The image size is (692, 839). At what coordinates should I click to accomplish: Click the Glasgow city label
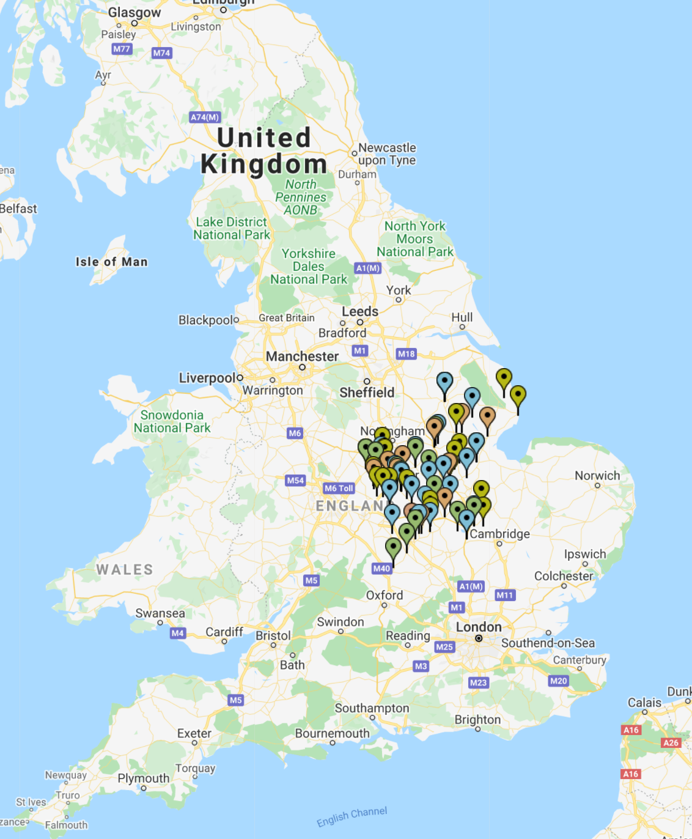[x=134, y=12]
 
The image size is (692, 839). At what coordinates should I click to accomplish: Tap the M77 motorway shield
[x=122, y=49]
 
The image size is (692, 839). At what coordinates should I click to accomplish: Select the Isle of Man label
[x=111, y=262]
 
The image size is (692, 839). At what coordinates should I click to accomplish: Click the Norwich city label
[x=597, y=476]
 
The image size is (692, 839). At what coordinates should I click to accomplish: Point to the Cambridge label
[x=499, y=534]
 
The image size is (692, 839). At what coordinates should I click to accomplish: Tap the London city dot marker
[x=479, y=638]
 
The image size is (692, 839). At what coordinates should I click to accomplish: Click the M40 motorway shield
[x=381, y=568]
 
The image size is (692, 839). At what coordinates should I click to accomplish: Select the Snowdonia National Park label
[x=172, y=421]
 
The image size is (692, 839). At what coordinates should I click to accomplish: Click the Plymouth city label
[x=143, y=778]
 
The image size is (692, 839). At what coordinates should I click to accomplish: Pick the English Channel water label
[x=352, y=816]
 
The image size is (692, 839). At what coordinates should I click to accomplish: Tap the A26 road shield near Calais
[x=671, y=742]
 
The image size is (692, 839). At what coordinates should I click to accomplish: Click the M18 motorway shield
[x=406, y=353]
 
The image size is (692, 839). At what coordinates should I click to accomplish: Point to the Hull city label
[x=462, y=317]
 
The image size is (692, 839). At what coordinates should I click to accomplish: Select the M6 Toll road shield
[x=339, y=488]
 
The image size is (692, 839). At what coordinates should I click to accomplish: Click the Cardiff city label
[x=224, y=632]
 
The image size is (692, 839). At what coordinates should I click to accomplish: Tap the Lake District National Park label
[x=231, y=228]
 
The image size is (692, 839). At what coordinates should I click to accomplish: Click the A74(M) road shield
[x=205, y=117]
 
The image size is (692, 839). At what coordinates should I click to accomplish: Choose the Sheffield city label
[x=367, y=393]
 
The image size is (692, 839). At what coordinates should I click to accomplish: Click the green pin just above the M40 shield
[x=393, y=547]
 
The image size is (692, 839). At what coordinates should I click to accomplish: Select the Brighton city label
[x=477, y=720]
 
